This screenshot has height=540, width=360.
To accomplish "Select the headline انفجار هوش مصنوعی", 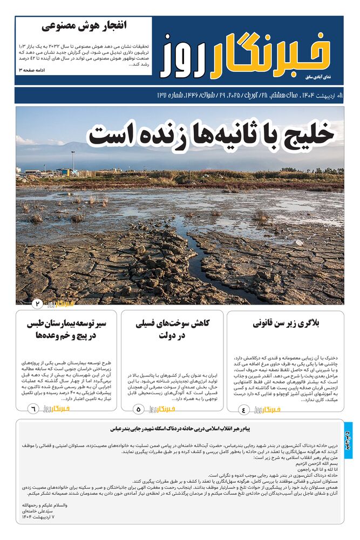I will (x=84, y=26).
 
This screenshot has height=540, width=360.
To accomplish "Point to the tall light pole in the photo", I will (x=73, y=160).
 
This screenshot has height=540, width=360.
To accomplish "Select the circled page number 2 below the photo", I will (x=38, y=303).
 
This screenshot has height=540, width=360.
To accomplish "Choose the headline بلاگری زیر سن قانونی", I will (x=286, y=324).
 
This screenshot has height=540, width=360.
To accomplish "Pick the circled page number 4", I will (x=243, y=410).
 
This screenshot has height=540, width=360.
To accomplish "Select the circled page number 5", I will (x=138, y=410).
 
